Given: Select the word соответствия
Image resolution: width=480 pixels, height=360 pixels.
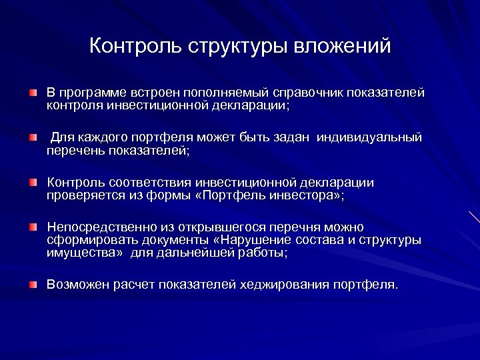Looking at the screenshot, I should (145, 183).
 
